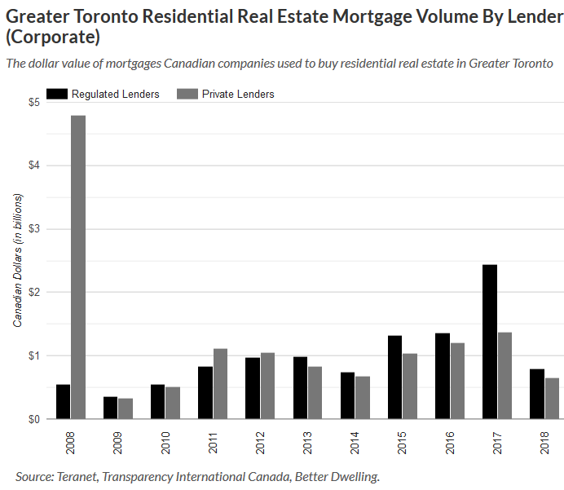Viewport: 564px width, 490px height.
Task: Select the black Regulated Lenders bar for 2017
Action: tap(490, 342)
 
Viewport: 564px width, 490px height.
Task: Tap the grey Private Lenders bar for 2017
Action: tap(505, 376)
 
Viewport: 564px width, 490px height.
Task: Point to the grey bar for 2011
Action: tap(221, 384)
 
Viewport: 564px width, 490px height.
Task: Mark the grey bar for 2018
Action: tap(553, 399)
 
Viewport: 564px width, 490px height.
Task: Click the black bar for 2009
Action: tap(110, 408)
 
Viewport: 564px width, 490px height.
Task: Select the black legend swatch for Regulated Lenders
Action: tap(56, 94)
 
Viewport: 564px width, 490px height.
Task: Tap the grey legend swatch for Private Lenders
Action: tap(187, 94)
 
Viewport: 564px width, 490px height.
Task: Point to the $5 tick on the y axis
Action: tap(33, 103)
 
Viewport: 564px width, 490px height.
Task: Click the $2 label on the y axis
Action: tap(33, 292)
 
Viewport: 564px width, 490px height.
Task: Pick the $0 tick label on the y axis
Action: tap(33, 419)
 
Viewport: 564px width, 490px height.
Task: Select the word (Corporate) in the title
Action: tap(54, 38)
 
